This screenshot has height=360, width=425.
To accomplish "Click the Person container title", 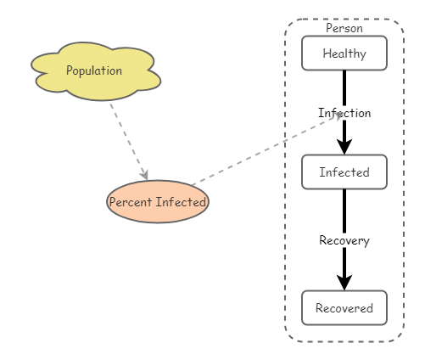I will pyautogui.click(x=344, y=28).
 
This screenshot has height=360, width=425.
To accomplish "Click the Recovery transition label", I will pyautogui.click(x=344, y=240).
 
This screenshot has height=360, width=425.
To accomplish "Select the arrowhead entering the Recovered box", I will pyautogui.click(x=344, y=282).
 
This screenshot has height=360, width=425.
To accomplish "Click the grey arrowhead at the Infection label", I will pyautogui.click(x=339, y=116).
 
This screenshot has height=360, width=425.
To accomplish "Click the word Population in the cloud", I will pyautogui.click(x=94, y=70).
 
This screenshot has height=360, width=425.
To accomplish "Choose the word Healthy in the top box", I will pyautogui.click(x=344, y=53).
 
